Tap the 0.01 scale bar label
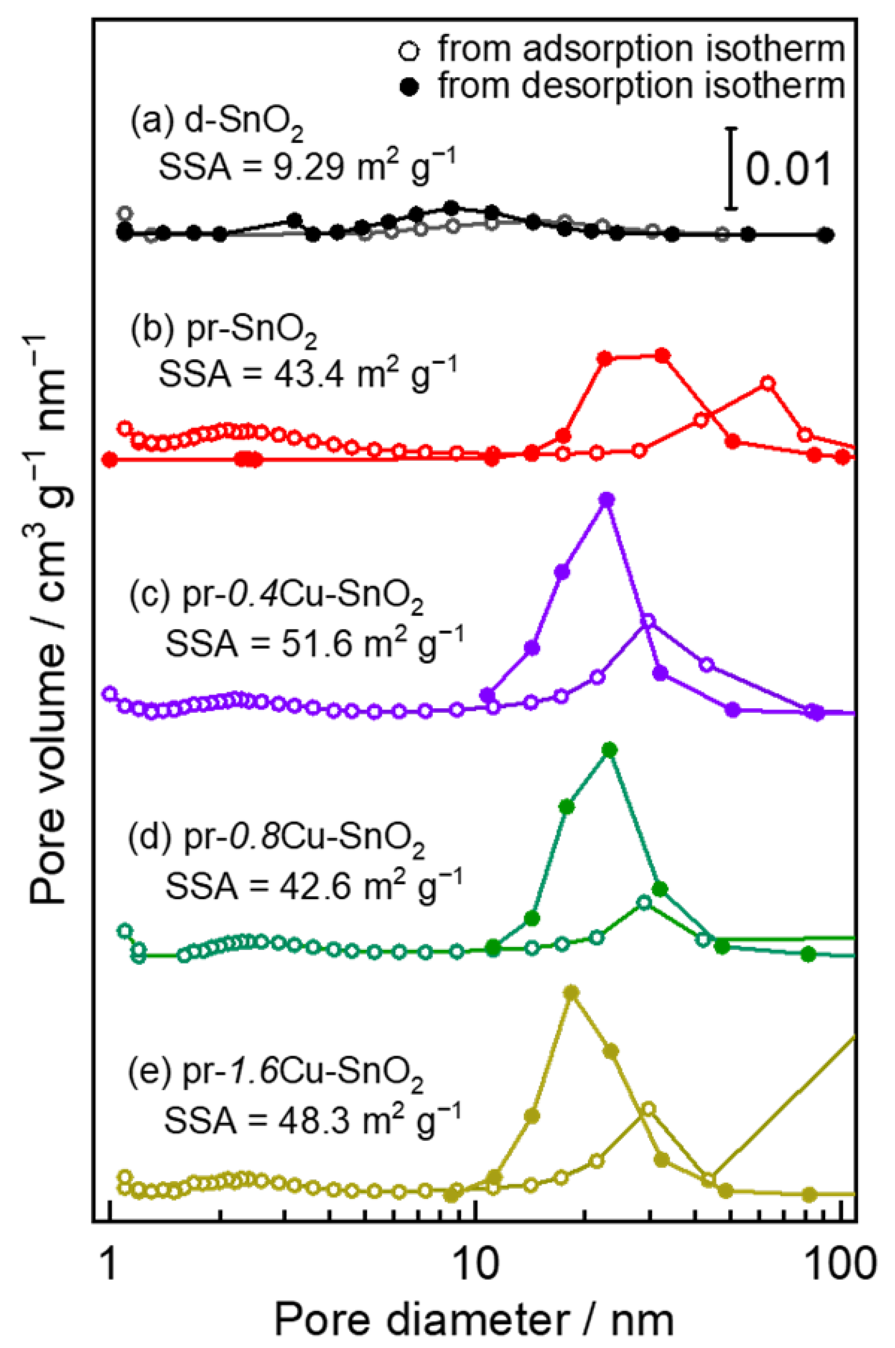click(x=789, y=169)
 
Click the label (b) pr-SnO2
click(x=224, y=333)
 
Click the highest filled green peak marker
click(x=609, y=750)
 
